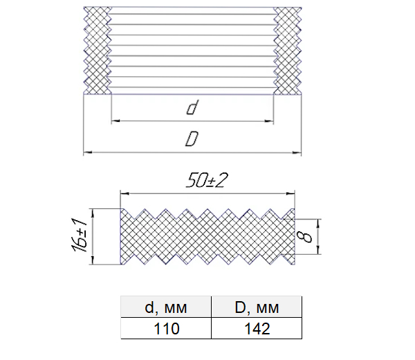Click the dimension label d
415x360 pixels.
tap(192, 107)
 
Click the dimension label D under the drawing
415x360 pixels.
tap(192, 138)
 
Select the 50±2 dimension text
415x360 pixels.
tap(207, 181)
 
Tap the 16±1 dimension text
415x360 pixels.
tap(79, 235)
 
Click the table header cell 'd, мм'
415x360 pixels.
tap(166, 307)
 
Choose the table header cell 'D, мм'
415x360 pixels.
tap(257, 307)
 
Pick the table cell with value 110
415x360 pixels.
tap(166, 328)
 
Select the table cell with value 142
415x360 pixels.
tap(257, 328)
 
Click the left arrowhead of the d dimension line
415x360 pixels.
tap(116, 121)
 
